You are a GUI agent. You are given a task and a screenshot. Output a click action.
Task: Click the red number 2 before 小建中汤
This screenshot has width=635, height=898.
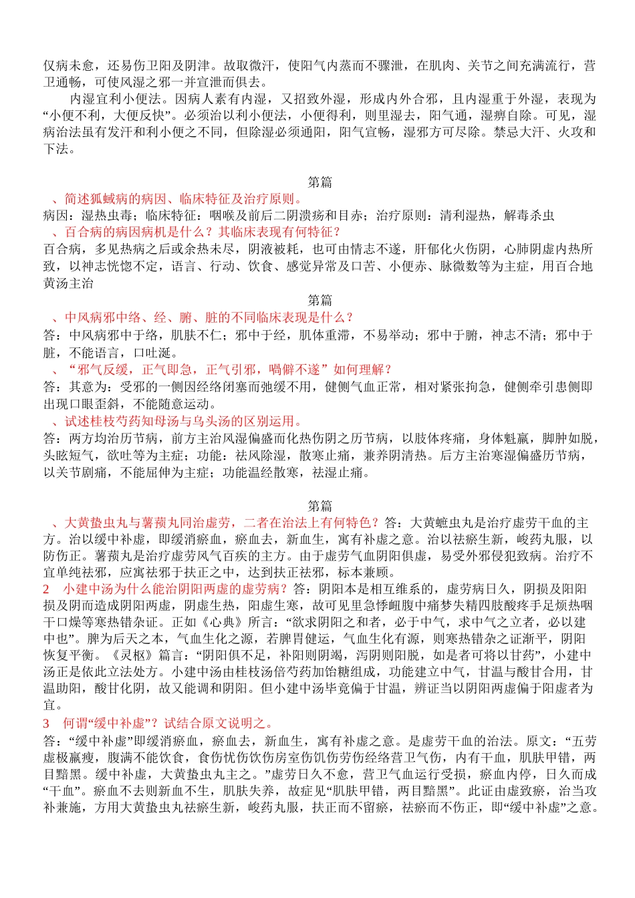[47, 589]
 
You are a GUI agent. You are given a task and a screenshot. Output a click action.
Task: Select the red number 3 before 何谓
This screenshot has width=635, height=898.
[47, 723]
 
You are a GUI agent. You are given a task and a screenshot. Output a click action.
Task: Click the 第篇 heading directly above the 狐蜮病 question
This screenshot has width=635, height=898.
[320, 182]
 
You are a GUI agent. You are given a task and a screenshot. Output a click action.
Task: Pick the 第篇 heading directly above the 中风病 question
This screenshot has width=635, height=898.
[320, 301]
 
